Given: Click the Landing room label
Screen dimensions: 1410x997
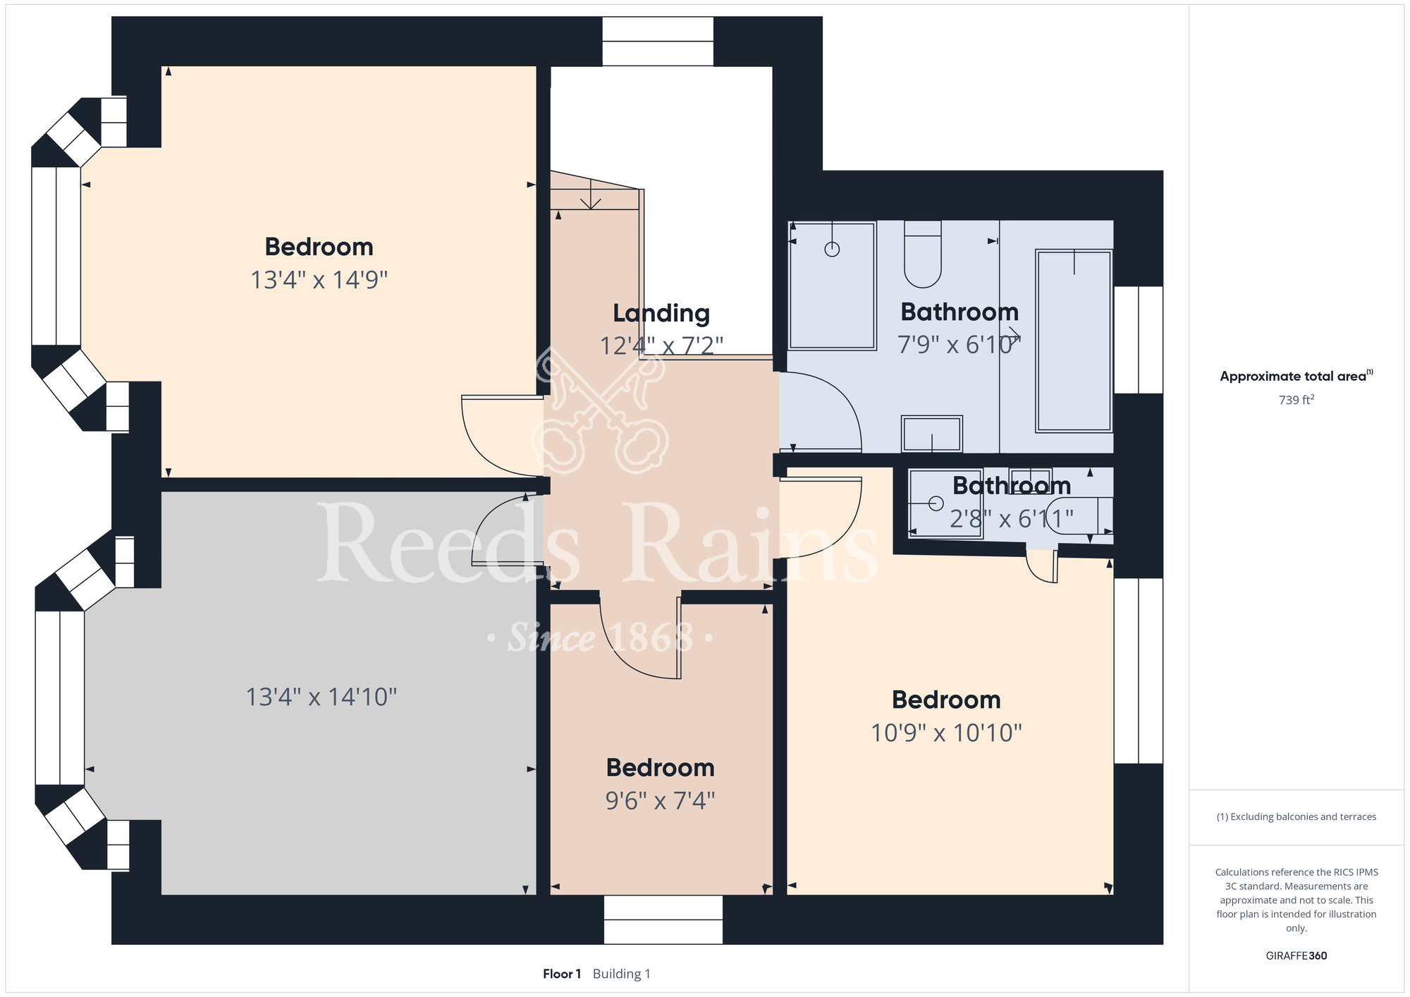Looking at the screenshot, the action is (x=661, y=313).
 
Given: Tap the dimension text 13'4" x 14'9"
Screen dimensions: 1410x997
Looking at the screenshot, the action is (x=319, y=280).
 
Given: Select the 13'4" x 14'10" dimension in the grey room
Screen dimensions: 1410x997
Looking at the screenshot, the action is (x=321, y=697).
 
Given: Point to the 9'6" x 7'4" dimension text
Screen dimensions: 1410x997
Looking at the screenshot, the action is (x=661, y=801).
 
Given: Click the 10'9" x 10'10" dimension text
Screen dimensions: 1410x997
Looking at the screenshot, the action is (x=946, y=733).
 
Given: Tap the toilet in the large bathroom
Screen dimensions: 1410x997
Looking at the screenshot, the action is (x=923, y=254).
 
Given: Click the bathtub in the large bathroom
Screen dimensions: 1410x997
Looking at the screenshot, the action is (x=1074, y=341).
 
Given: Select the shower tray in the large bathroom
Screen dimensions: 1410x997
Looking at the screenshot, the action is (x=832, y=286).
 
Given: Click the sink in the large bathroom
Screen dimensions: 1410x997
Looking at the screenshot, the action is (x=932, y=434).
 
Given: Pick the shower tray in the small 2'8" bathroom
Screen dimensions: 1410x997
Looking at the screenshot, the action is (x=945, y=503).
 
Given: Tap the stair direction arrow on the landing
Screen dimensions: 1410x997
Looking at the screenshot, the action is (x=590, y=195).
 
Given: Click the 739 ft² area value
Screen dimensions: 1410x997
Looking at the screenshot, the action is (x=1296, y=400).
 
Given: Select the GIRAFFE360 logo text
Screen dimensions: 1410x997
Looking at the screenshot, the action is (x=1296, y=956).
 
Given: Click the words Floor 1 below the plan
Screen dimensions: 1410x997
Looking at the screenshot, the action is (x=562, y=974).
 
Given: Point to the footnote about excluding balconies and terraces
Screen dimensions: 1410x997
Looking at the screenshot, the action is (x=1296, y=816).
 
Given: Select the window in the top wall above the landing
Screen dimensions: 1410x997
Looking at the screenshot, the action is (x=658, y=42).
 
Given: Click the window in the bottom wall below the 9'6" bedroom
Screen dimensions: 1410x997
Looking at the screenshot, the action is (x=663, y=919).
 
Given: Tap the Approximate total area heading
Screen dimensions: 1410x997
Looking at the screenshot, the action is (x=1296, y=376).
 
